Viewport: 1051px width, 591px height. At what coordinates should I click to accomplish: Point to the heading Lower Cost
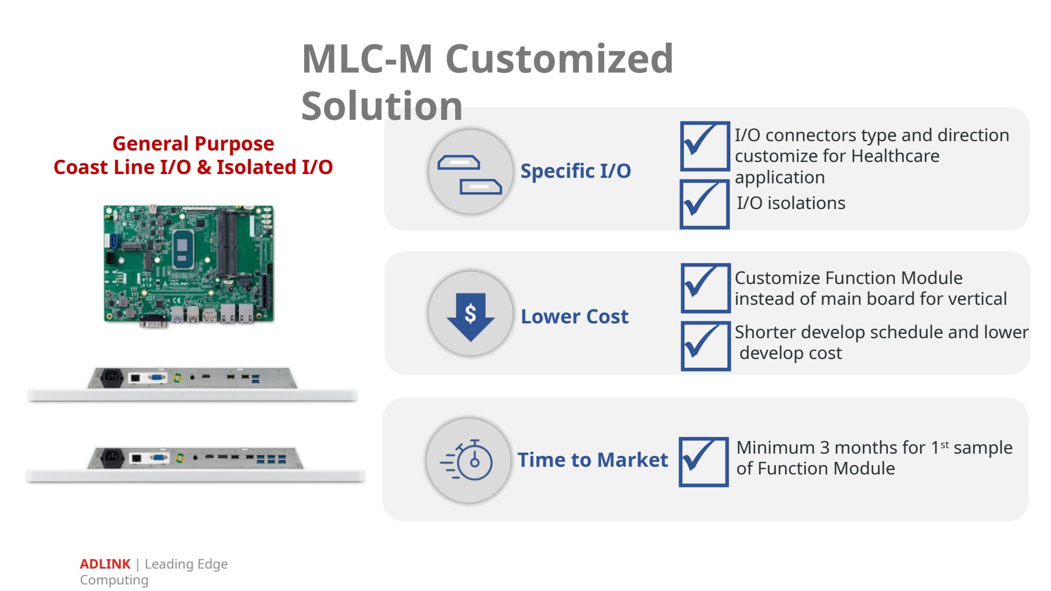[x=574, y=316]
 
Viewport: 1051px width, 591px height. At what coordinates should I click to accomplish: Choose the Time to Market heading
[x=593, y=460]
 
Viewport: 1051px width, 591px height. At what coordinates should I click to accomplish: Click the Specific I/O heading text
[x=576, y=171]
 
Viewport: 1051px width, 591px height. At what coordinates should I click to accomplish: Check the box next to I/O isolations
[x=705, y=204]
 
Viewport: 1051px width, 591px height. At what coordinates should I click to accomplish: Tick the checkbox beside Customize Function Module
[x=706, y=288]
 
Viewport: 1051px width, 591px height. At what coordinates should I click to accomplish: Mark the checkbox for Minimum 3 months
[x=704, y=461]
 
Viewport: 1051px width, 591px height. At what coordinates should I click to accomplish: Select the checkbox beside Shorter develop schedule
[x=706, y=346]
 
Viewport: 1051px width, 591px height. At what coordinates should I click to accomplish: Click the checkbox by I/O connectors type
[x=705, y=146]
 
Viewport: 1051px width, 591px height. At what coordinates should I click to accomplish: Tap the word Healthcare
[x=896, y=156]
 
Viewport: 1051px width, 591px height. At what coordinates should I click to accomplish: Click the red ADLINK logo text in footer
[x=105, y=564]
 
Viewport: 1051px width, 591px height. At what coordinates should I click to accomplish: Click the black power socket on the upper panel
[x=112, y=377]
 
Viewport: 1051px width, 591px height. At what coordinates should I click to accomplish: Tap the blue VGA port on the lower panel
[x=159, y=457]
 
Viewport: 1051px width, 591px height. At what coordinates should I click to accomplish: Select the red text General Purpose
[x=193, y=143]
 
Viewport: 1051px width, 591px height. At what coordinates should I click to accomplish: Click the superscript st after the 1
[x=944, y=445]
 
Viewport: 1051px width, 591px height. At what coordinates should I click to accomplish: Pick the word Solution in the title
[x=382, y=106]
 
